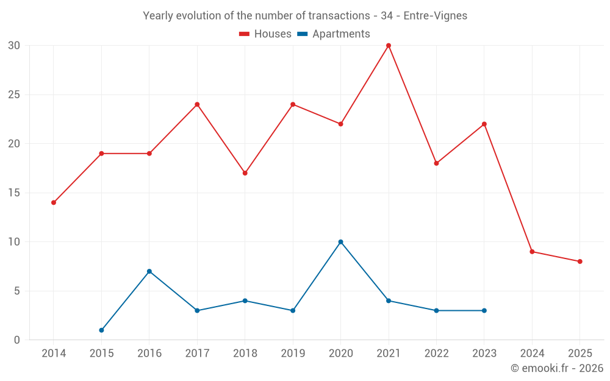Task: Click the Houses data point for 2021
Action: [x=389, y=46]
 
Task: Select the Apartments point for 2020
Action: [x=340, y=242]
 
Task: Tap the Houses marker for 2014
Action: [x=54, y=202]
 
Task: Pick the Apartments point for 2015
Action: [x=101, y=330]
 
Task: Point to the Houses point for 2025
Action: [x=580, y=262]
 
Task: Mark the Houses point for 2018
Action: [x=245, y=173]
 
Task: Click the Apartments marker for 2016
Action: [x=149, y=271]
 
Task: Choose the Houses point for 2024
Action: [x=532, y=252]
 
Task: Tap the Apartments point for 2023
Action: [x=484, y=311]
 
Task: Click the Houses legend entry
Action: [x=265, y=34]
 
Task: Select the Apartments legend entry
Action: [x=334, y=34]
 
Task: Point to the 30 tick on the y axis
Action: [x=14, y=46]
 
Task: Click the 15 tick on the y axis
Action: [x=14, y=193]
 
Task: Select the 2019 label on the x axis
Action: [x=293, y=354]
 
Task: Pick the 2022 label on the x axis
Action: [x=436, y=354]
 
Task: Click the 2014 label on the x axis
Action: [x=54, y=354]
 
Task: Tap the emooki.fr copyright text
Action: [x=557, y=368]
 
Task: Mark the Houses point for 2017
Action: [x=197, y=104]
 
